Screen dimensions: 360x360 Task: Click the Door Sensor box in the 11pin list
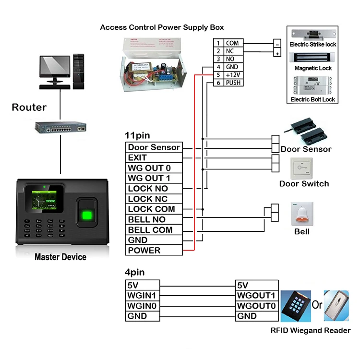tap(154, 147)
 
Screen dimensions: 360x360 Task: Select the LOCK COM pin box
tap(154, 209)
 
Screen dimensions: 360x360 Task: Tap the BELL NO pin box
tap(154, 220)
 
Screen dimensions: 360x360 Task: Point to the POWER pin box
tap(154, 251)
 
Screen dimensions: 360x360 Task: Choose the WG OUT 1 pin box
tap(154, 179)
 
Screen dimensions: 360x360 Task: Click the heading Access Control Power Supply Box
tap(162, 27)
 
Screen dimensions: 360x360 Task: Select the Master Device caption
tap(60, 257)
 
